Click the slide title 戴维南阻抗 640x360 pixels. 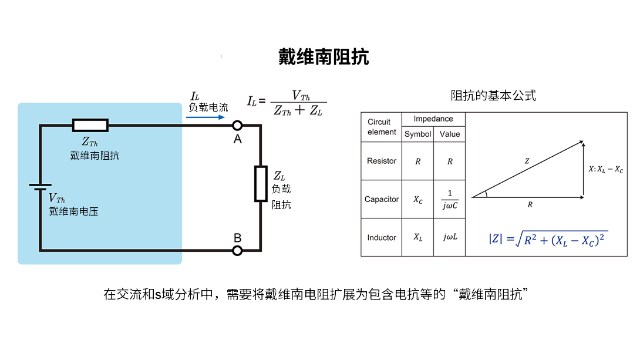click(323, 57)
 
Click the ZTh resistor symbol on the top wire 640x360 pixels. click(90, 125)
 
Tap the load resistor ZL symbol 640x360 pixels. click(261, 183)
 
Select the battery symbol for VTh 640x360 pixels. click(40, 186)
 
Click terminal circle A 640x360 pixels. click(237, 125)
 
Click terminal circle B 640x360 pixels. click(237, 251)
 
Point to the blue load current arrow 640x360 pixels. click(205, 117)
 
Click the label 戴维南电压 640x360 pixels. click(73, 211)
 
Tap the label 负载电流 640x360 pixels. click(208, 107)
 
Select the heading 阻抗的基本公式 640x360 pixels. click(494, 95)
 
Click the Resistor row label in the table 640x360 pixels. click(382, 161)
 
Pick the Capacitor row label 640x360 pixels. click(382, 199)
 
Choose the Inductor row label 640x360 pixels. click(382, 237)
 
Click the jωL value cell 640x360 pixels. click(450, 237)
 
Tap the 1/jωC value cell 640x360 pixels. click(450, 199)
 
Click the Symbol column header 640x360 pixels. click(417, 134)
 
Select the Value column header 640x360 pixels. click(450, 134)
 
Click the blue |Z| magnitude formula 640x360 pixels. click(548, 240)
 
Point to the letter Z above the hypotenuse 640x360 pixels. click(527, 160)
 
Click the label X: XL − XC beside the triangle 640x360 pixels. click(606, 169)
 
